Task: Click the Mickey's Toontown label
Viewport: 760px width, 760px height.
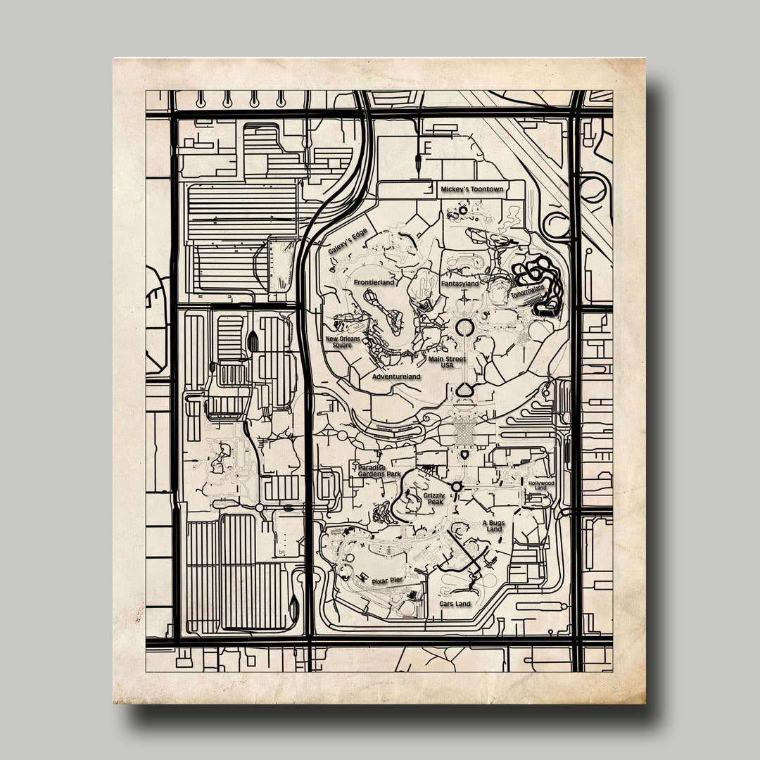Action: click(x=472, y=190)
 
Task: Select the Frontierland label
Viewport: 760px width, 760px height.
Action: click(x=374, y=282)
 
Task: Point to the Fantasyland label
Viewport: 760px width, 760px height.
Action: click(x=460, y=284)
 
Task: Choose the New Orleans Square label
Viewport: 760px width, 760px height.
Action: click(x=343, y=342)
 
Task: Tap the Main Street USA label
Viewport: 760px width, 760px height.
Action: click(x=447, y=362)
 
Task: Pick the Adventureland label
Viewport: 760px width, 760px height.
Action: click(x=396, y=377)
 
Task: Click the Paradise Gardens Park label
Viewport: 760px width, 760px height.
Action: click(x=379, y=471)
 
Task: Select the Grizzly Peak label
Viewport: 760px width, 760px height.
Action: click(x=434, y=499)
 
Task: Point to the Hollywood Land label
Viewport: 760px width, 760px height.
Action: click(x=541, y=486)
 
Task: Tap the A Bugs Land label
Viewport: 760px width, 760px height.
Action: click(x=493, y=526)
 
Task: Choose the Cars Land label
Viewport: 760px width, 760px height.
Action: click(x=455, y=604)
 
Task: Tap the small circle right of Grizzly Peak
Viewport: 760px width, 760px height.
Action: click(x=456, y=486)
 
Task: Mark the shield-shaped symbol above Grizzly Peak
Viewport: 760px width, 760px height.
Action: click(x=464, y=456)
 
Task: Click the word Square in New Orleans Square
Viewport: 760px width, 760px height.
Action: click(x=343, y=346)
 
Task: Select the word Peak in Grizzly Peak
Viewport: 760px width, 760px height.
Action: click(x=433, y=502)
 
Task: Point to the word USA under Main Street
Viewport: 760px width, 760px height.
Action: click(x=448, y=366)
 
